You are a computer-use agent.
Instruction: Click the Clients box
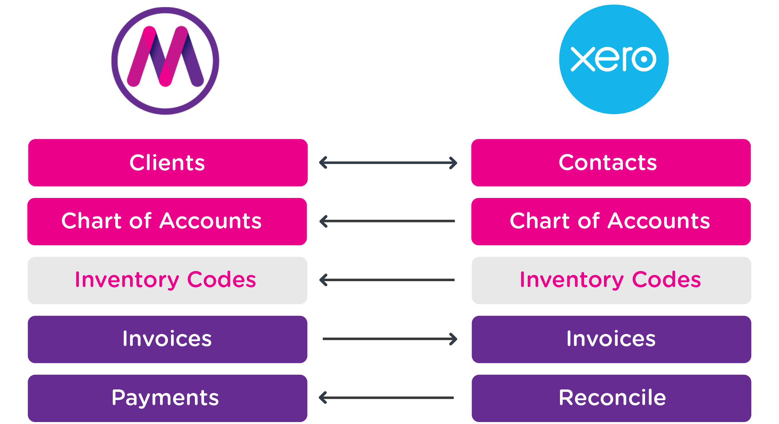pyautogui.click(x=168, y=163)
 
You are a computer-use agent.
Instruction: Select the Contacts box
pyautogui.click(x=611, y=163)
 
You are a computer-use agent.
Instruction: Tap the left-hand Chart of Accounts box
pyautogui.click(x=167, y=221)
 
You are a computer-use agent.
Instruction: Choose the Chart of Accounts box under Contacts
pyautogui.click(x=611, y=221)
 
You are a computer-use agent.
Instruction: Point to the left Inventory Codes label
pyautogui.click(x=166, y=280)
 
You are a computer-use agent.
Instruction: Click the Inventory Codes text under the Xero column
pyautogui.click(x=610, y=280)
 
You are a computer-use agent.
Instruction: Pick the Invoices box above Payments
pyautogui.click(x=168, y=339)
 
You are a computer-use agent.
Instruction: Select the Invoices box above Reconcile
pyautogui.click(x=611, y=339)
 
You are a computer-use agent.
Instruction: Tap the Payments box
pyautogui.click(x=168, y=398)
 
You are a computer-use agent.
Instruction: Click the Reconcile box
pyautogui.click(x=611, y=398)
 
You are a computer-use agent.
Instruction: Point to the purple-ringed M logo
pyautogui.click(x=165, y=61)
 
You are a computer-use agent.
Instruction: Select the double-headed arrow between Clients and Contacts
pyautogui.click(x=388, y=163)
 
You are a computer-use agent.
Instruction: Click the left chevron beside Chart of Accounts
pyautogui.click(x=323, y=221)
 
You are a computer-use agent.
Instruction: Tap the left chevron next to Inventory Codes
pyautogui.click(x=323, y=280)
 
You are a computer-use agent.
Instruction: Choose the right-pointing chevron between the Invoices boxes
pyautogui.click(x=453, y=339)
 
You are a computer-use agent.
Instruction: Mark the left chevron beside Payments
pyautogui.click(x=323, y=398)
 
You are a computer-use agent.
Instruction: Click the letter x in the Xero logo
pyautogui.click(x=582, y=59)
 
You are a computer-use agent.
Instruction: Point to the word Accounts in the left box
pyautogui.click(x=211, y=221)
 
